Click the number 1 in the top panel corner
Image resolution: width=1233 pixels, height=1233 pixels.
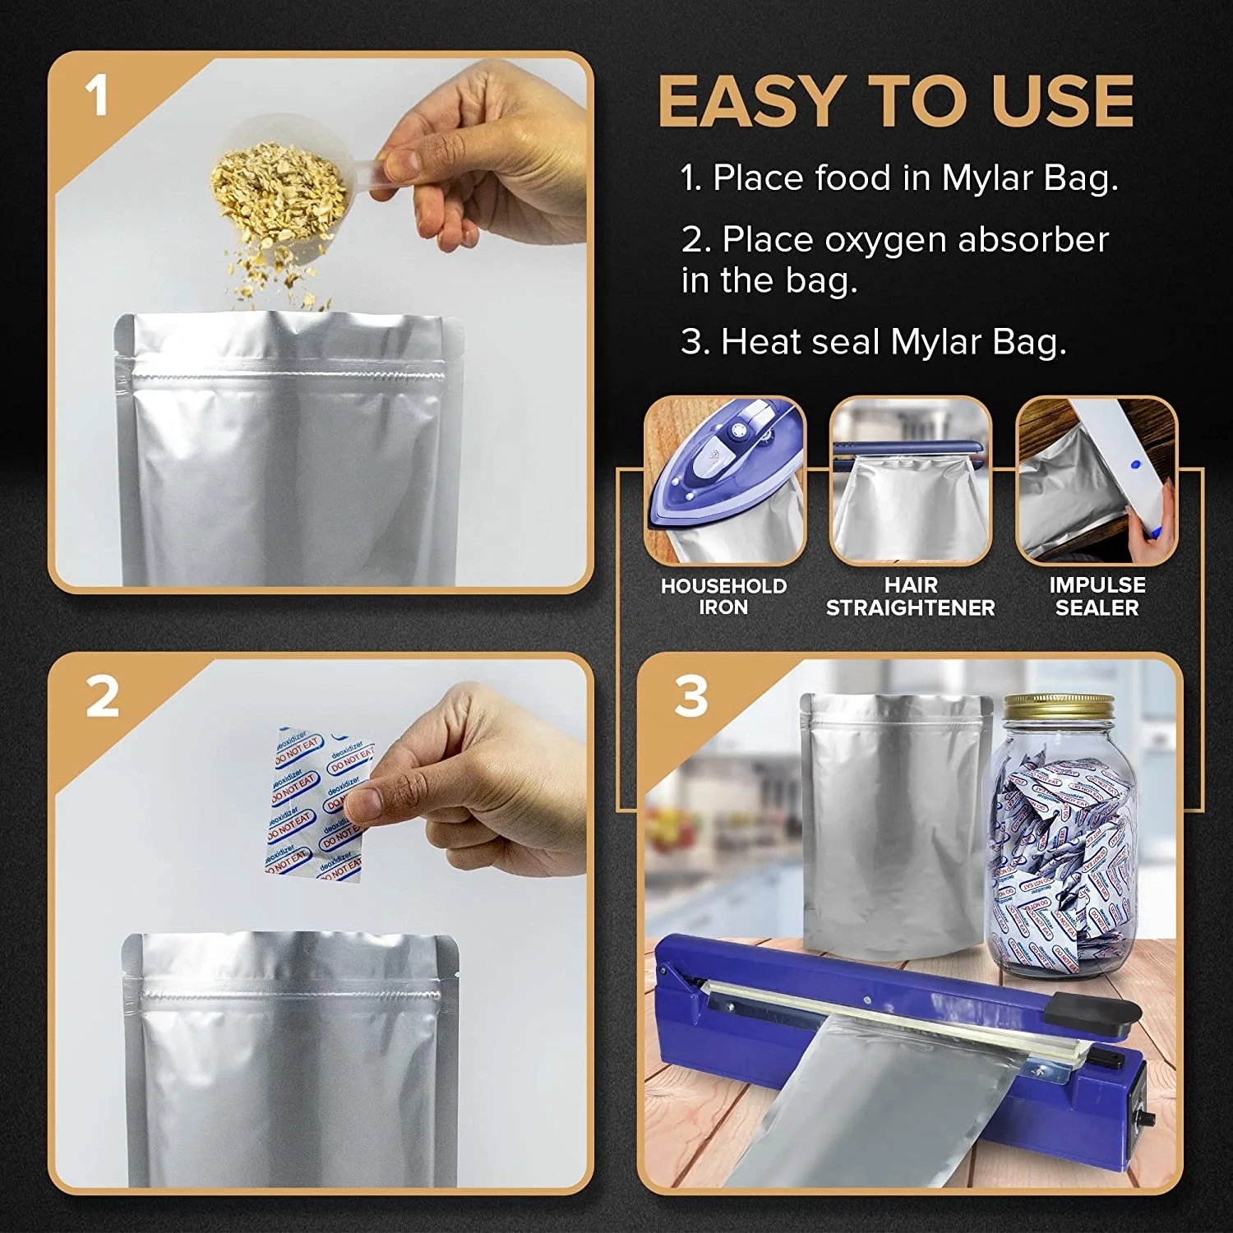click(97, 96)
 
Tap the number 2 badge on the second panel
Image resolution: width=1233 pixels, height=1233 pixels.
click(103, 697)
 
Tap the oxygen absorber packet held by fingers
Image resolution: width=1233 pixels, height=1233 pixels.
click(316, 806)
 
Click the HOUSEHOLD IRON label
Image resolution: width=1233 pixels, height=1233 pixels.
click(723, 597)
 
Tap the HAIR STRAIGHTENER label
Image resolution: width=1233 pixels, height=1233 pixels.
click(910, 597)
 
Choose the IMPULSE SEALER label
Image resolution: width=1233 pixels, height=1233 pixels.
click(1097, 597)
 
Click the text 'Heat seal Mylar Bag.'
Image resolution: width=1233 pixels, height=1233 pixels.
click(893, 342)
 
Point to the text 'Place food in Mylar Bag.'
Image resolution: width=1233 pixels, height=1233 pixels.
click(914, 178)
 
